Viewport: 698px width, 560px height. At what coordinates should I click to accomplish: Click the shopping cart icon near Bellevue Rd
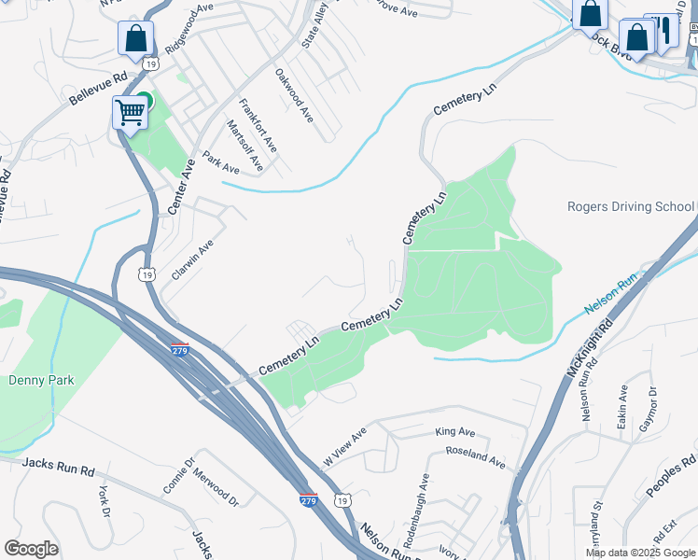(x=131, y=113)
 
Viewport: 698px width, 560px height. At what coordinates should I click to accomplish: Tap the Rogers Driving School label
(x=631, y=206)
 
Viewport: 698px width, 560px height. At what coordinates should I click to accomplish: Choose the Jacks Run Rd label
(x=58, y=463)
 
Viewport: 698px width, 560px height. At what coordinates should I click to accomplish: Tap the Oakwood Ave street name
(x=294, y=94)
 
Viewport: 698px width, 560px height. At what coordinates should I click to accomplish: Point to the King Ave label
(x=455, y=432)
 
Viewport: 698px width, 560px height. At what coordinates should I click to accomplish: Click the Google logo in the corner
(x=31, y=549)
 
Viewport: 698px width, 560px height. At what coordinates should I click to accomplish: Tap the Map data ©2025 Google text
(x=639, y=553)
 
